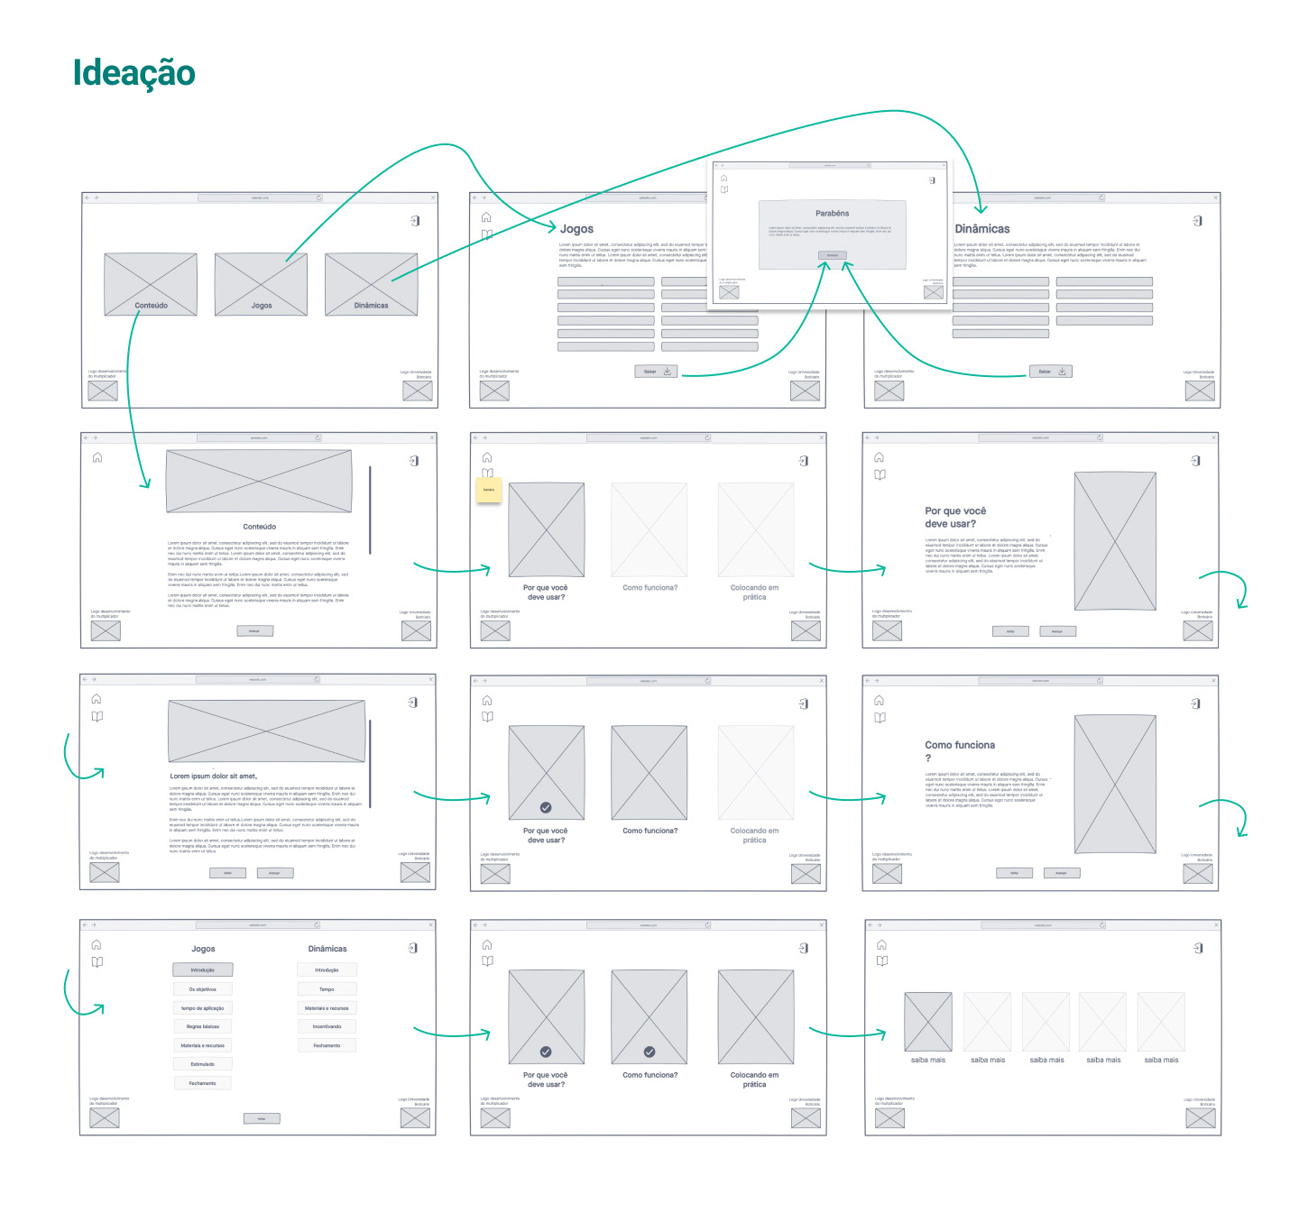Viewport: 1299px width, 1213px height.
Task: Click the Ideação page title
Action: [x=134, y=73]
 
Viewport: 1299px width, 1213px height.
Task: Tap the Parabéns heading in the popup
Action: [x=832, y=214]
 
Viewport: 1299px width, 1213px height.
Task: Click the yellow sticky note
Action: [x=489, y=490]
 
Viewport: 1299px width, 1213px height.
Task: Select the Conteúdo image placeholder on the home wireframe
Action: [x=151, y=283]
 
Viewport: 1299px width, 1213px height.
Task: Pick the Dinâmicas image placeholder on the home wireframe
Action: [x=371, y=283]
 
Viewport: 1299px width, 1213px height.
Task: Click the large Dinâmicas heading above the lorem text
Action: [x=982, y=229]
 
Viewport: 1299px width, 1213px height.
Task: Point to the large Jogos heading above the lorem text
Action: [x=576, y=229]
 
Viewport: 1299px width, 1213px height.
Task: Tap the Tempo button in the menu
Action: [x=327, y=989]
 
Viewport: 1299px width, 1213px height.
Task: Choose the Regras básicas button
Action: [x=203, y=1026]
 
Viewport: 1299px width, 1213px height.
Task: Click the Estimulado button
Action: [x=203, y=1064]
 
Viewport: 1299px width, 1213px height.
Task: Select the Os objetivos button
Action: [x=203, y=989]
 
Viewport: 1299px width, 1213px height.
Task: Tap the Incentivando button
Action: [x=327, y=1026]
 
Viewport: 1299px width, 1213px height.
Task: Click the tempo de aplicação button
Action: [x=203, y=1008]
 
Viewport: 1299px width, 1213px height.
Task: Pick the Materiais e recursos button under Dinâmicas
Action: [x=327, y=1008]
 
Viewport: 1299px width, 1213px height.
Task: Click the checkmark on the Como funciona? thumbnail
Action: [x=649, y=1052]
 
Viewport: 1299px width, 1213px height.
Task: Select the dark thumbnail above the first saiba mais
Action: [x=927, y=1022]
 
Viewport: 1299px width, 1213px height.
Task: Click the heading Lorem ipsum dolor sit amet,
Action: [x=214, y=776]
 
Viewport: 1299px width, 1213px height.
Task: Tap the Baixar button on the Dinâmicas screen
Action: [x=1050, y=372]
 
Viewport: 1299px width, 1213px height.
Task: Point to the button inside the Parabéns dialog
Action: [x=832, y=255]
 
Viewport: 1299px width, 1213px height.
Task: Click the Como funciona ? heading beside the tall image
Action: [x=960, y=750]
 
